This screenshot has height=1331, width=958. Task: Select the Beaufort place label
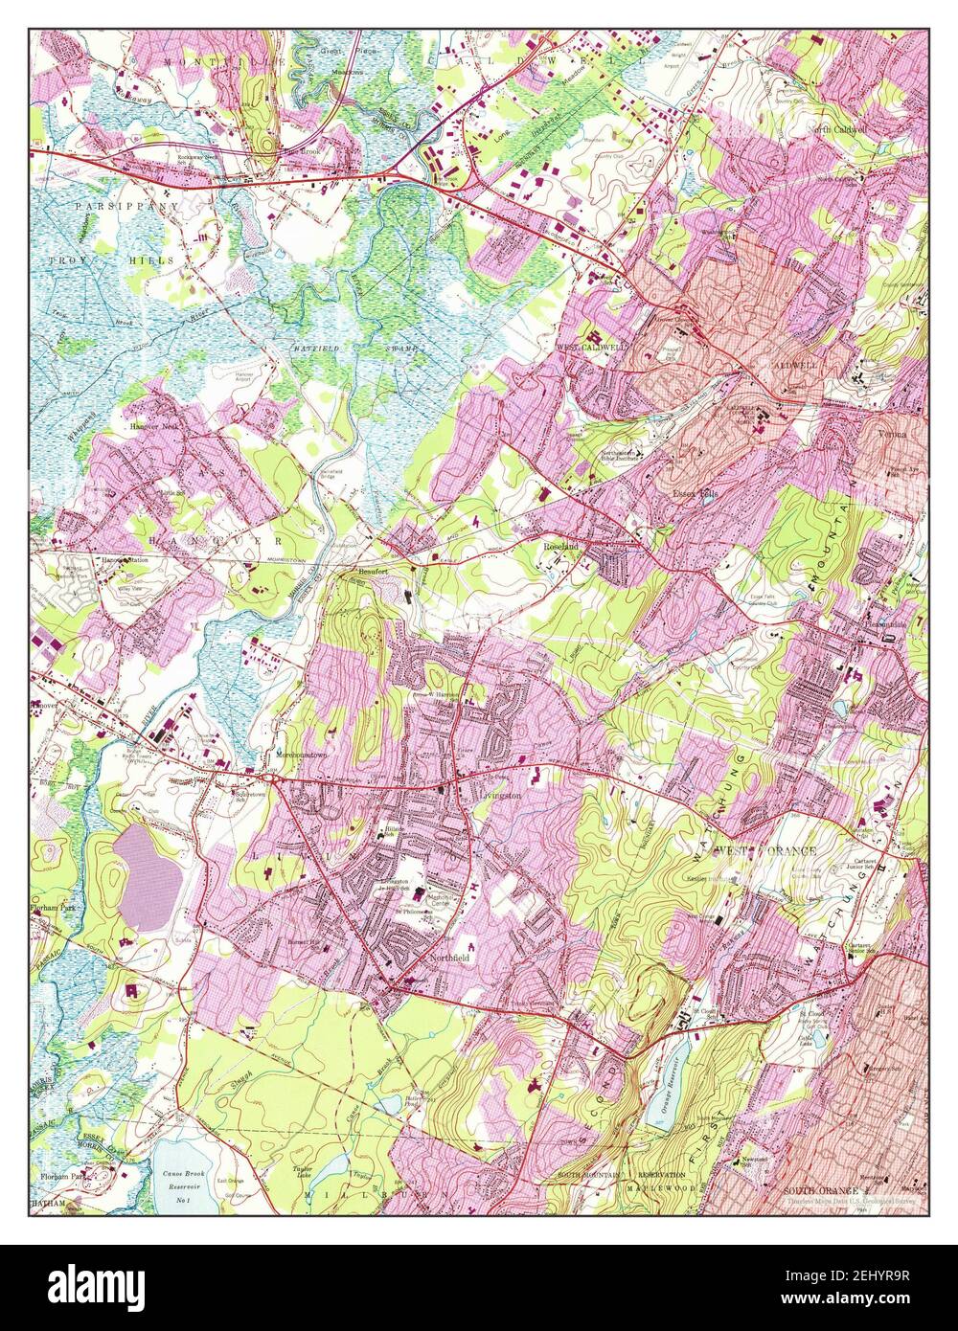[370, 572]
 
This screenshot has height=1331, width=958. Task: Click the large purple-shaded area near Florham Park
[148, 876]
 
